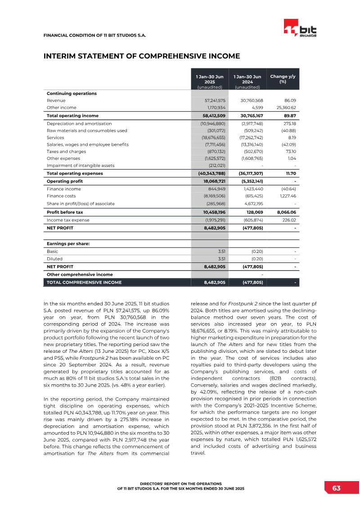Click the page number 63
337,488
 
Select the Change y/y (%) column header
283,79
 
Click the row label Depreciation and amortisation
79,123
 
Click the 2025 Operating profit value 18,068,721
211,181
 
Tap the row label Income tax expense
68,220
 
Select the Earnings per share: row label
68,243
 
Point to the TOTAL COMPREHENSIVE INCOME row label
84,283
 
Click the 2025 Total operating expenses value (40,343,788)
211,173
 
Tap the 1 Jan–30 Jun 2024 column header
247,79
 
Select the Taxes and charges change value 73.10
290,151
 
